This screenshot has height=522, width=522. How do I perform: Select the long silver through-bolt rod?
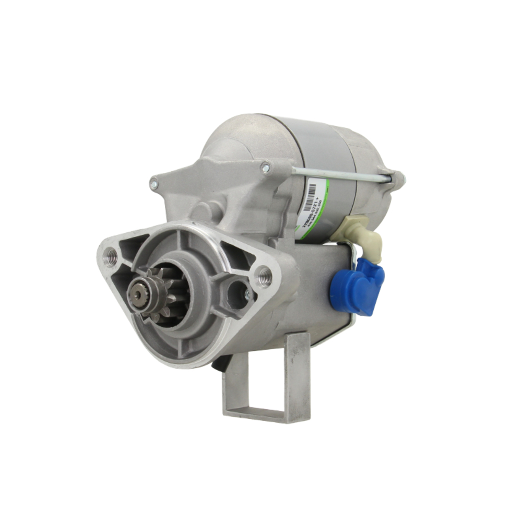(x=339, y=175)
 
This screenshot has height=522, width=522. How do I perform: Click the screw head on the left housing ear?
(x=154, y=183)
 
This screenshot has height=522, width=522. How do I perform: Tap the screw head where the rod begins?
(x=266, y=168)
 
